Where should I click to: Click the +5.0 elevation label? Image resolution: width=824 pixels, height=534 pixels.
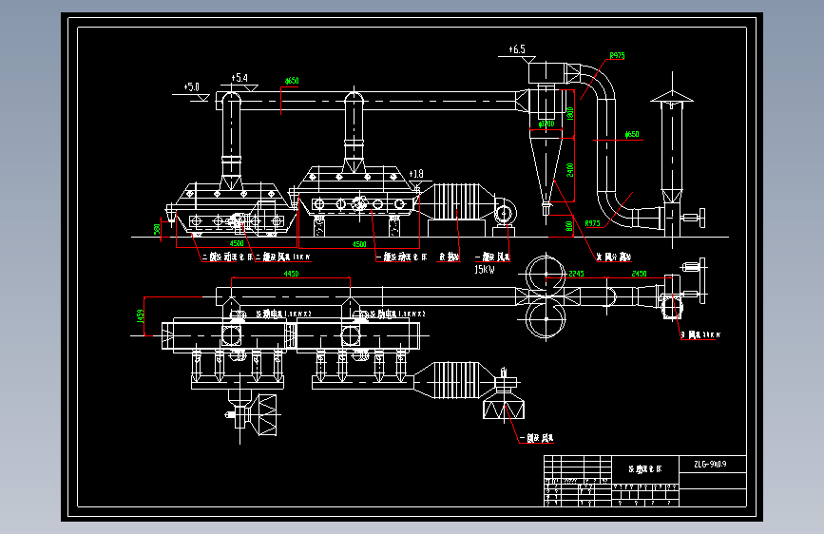click(194, 86)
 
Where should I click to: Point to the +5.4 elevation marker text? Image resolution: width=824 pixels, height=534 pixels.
click(240, 77)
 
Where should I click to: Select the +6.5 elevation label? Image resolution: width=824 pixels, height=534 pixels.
click(517, 48)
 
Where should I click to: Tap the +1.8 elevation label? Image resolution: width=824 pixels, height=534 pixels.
click(416, 174)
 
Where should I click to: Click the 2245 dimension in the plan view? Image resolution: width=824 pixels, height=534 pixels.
click(577, 274)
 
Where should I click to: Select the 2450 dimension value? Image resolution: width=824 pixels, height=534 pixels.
click(639, 274)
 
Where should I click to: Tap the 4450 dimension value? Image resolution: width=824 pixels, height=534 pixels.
click(292, 274)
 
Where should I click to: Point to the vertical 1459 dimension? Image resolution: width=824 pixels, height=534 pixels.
click(141, 315)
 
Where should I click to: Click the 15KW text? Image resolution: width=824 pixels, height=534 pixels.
click(485, 270)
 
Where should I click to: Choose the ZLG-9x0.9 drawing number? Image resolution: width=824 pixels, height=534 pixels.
click(710, 465)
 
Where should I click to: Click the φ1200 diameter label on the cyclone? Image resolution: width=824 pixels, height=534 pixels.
click(546, 124)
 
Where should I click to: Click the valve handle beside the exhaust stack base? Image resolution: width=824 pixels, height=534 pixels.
click(701, 218)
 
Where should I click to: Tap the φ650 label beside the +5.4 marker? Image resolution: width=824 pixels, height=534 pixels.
click(292, 82)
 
